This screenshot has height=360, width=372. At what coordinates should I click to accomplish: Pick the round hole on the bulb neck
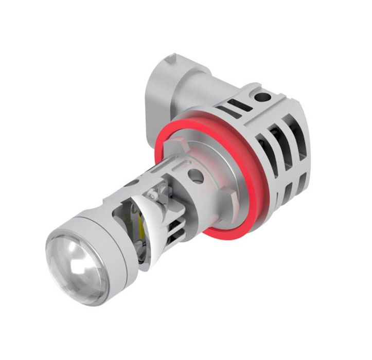196,177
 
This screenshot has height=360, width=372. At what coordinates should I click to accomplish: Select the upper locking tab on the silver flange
180,135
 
